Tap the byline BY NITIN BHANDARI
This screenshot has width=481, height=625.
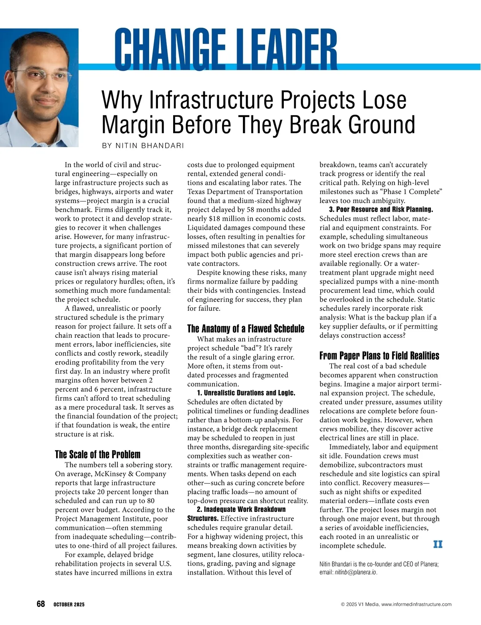coord(143,146)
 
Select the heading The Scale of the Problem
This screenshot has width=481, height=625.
coord(97,455)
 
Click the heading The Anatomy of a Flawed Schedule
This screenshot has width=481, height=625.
coord(246,329)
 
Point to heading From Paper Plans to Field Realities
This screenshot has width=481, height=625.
coord(379,356)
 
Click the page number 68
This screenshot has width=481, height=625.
coord(40,604)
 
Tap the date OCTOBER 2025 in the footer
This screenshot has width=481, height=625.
coord(69,605)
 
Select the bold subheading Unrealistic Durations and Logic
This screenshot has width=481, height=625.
coord(249,393)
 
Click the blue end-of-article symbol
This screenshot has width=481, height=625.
coord(438,544)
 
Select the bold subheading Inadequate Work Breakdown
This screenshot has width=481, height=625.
coord(245,509)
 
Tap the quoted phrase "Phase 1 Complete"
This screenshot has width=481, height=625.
coord(412,192)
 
